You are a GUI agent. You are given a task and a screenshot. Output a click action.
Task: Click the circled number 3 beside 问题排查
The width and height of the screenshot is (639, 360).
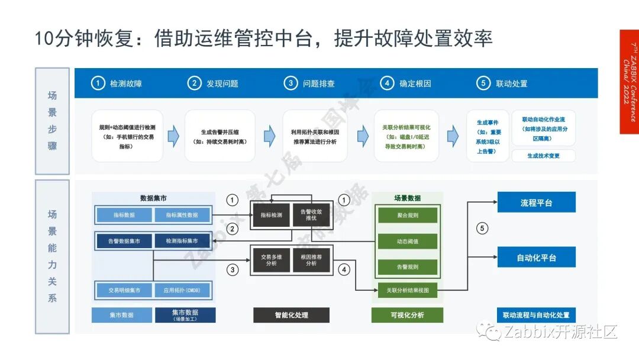coord(291,83)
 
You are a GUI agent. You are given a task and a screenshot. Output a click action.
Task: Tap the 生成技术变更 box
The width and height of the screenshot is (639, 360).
coord(543,156)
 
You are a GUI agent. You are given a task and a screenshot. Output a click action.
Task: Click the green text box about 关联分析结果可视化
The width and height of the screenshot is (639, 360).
coord(406,136)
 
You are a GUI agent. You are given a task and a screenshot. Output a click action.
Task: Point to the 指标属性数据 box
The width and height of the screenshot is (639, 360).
coord(182,215)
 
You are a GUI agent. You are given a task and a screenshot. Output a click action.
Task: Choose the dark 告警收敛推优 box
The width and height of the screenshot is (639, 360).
coord(311,214)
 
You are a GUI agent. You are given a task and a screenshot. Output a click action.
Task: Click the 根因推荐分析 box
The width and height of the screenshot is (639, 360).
coord(311,259)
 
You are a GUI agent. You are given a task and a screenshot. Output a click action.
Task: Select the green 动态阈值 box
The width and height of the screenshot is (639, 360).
coord(408,242)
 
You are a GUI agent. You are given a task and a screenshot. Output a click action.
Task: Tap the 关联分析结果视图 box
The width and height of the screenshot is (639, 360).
coord(408,290)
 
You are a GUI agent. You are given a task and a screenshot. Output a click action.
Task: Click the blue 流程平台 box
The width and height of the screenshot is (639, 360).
coord(536,202)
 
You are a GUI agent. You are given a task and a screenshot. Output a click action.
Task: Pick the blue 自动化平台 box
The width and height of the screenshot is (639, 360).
coord(536,258)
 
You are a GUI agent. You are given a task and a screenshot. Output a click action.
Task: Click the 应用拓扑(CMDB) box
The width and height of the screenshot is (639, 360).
coord(182,291)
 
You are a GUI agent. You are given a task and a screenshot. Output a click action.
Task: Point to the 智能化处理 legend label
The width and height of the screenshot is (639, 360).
coord(291,315)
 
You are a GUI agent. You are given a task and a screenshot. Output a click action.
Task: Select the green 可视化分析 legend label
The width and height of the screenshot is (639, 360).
coord(407,315)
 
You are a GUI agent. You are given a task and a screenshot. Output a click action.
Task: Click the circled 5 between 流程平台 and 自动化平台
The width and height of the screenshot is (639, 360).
coord(483,229)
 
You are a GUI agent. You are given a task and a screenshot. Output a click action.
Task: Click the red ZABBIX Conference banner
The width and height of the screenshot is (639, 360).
coord(629,82)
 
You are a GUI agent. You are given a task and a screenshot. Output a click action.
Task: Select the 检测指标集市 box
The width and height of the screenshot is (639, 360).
coord(182,241)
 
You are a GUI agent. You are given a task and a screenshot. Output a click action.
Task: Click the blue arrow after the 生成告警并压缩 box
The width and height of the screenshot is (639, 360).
coord(269,136)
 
